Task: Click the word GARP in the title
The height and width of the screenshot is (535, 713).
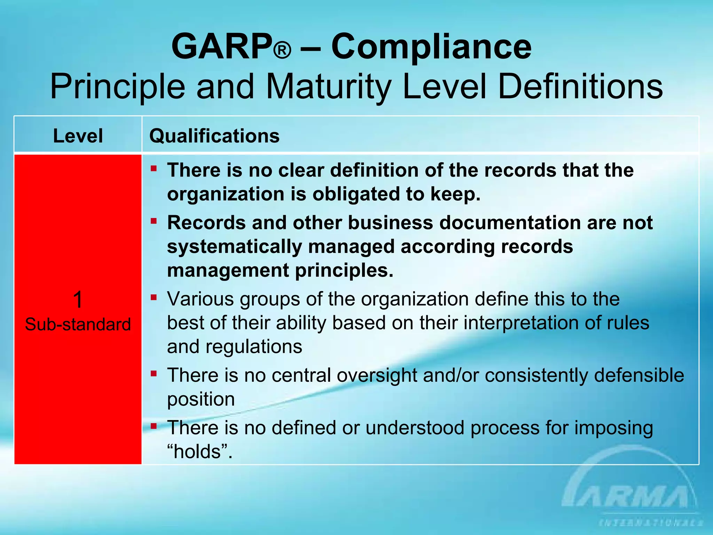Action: (222, 46)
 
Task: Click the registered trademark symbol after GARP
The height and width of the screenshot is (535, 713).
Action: (282, 50)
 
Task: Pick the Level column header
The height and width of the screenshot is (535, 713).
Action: (78, 135)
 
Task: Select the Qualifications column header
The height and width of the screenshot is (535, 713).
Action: (214, 135)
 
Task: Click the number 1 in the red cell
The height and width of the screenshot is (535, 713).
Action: (78, 300)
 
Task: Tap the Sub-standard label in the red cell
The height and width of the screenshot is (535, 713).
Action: (78, 324)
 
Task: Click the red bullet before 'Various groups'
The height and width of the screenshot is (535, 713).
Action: (154, 297)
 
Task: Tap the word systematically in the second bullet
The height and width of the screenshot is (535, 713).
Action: (234, 247)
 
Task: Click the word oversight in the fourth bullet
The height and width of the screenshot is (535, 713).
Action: (377, 375)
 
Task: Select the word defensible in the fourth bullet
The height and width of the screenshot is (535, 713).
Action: (639, 375)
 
